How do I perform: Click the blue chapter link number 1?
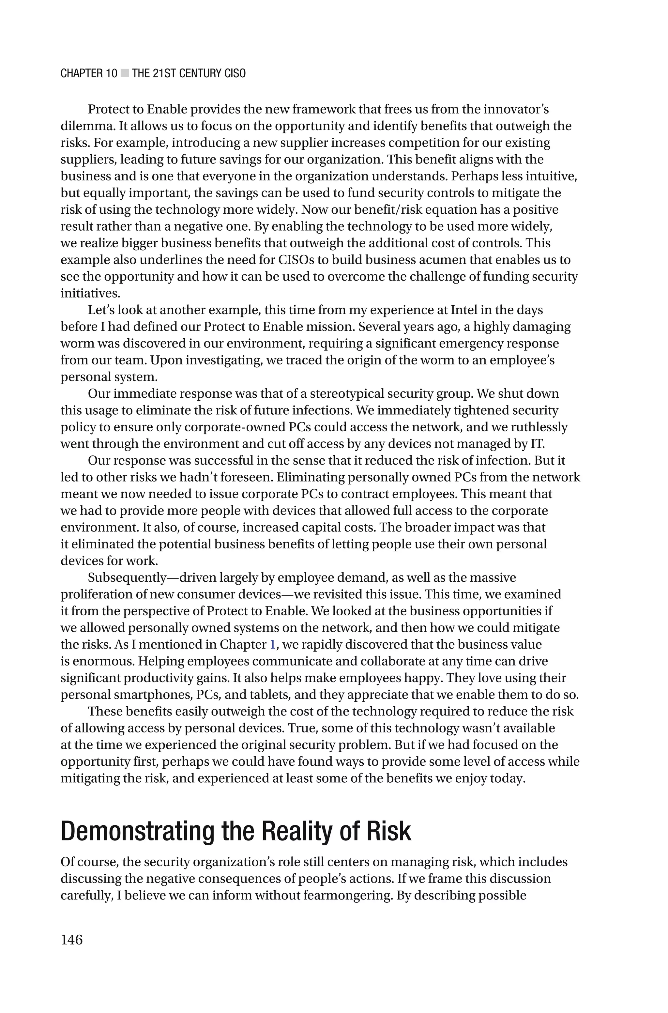click(273, 645)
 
